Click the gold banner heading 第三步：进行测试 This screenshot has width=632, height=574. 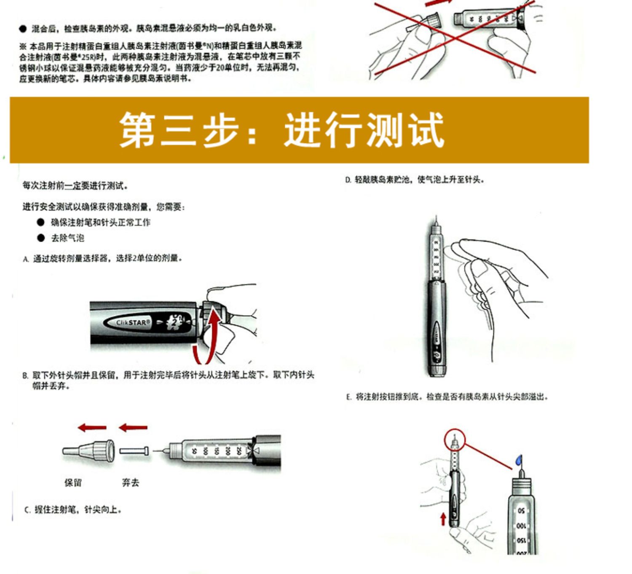pos(281,130)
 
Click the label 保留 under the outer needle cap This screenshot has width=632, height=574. pos(73,483)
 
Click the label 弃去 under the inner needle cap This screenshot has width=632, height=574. pos(130,483)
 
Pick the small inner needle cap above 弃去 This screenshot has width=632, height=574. pos(134,451)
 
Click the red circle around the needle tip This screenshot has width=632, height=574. pos(455,440)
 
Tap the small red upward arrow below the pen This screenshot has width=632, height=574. pos(443,518)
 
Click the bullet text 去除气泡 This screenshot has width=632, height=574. pos(67,238)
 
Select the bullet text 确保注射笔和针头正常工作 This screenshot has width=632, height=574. pos(100,223)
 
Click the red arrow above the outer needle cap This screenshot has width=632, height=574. pos(92,428)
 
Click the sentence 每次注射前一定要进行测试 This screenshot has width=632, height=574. pos(75,186)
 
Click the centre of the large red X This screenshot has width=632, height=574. pos(454,38)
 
